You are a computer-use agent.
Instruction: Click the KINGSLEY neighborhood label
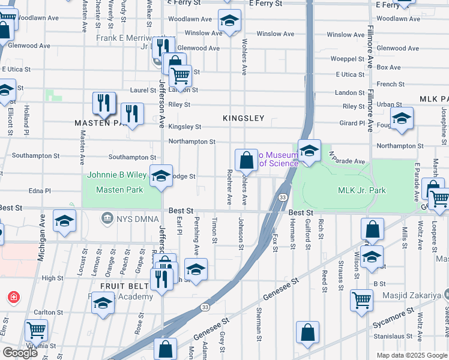tap(243, 118)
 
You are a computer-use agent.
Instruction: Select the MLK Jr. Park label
tap(361, 191)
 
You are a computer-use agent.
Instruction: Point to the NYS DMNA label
tap(128, 216)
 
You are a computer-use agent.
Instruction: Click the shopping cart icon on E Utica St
tap(180, 76)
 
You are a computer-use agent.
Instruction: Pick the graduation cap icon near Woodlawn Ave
tap(229, 22)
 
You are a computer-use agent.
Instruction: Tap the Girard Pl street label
tap(352, 123)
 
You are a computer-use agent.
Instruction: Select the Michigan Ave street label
tap(42, 244)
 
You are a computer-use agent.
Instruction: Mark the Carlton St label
tap(44, 313)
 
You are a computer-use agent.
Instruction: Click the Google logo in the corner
tap(20, 353)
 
